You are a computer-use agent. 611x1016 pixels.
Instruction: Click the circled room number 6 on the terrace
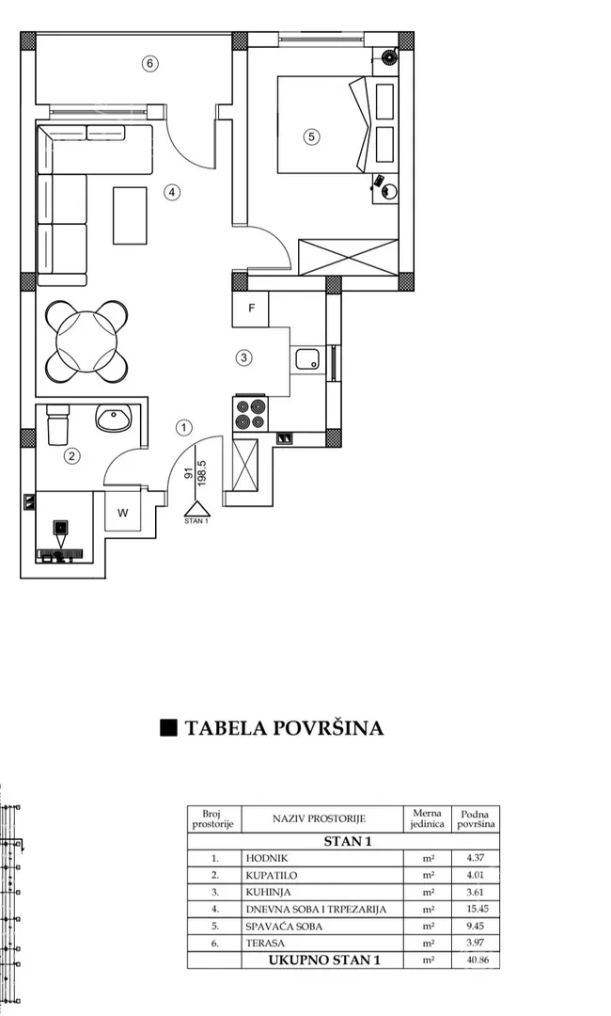(150, 64)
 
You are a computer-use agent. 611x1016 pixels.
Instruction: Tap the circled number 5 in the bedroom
(311, 136)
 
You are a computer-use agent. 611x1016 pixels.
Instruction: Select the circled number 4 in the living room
(171, 192)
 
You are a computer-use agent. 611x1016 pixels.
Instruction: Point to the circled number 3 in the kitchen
(243, 357)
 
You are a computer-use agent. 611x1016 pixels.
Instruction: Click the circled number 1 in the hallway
(184, 428)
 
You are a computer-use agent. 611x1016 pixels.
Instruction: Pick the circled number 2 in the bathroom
(71, 456)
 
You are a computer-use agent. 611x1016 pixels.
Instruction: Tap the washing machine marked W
(123, 512)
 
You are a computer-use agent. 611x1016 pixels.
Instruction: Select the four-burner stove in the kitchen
(250, 414)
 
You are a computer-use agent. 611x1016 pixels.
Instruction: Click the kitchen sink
(308, 359)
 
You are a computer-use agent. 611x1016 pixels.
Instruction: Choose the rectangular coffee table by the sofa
(130, 215)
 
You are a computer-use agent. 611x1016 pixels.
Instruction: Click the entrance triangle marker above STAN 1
(196, 509)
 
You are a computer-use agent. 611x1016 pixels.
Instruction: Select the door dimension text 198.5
(202, 473)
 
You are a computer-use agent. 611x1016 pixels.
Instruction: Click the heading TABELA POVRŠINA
(284, 728)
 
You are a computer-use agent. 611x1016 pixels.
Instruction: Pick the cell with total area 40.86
(477, 960)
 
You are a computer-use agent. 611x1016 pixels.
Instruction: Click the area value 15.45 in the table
(477, 909)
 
